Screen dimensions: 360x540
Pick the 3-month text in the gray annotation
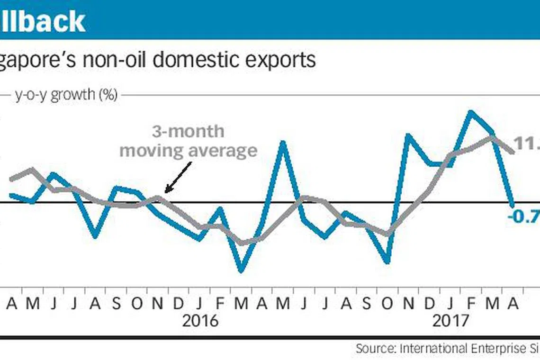point(188,132)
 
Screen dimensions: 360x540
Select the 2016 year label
point(200,321)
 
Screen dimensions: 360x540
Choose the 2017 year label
point(450,321)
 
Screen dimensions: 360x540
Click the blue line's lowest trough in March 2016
point(242,270)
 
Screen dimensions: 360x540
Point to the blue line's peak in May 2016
point(283,143)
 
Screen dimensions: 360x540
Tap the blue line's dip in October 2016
point(388,261)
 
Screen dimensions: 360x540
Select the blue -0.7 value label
point(524,217)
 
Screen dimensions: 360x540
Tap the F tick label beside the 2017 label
point(471,304)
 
